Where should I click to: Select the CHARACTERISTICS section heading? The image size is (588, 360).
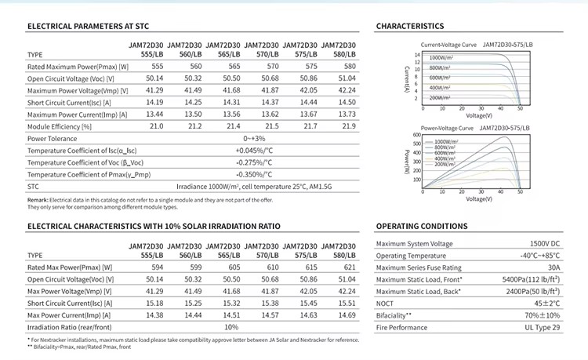pos(410,27)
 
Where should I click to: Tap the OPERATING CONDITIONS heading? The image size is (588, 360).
pos(423,226)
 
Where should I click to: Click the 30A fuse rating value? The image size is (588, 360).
pos(554,267)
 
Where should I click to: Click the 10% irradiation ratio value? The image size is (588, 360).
pos(231,326)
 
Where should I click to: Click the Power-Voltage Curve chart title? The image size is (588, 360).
pos(450,126)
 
